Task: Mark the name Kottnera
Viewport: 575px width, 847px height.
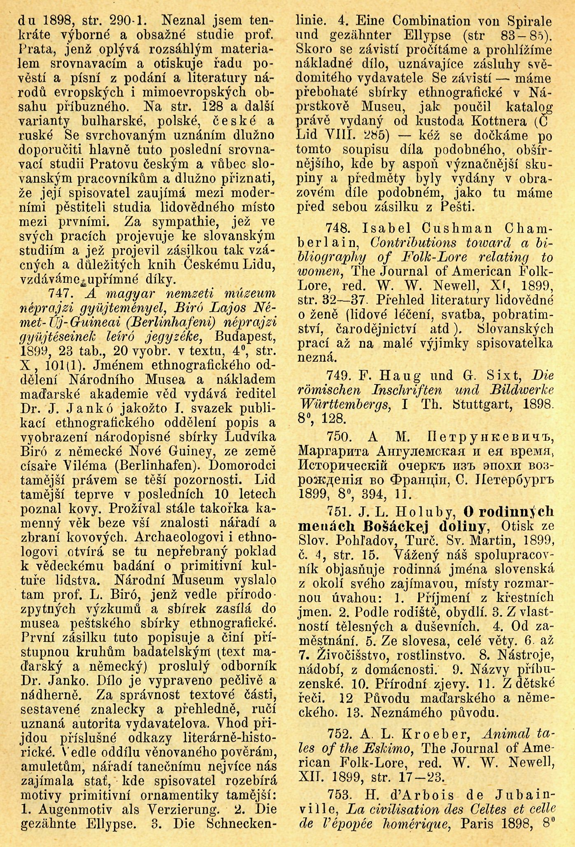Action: [x=498, y=121]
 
